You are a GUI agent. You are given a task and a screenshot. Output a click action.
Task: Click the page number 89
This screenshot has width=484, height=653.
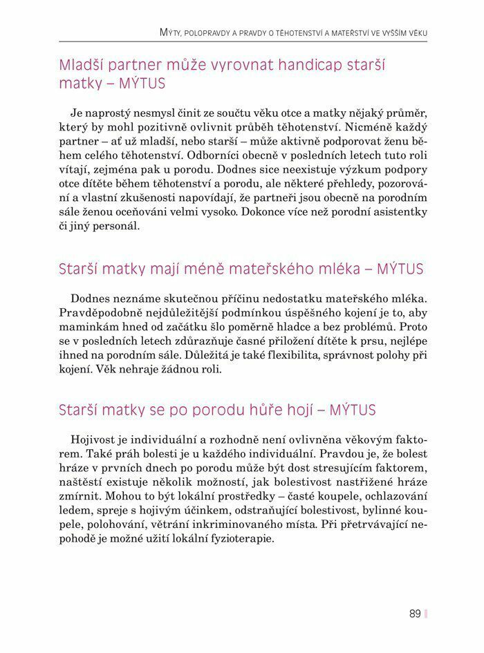(x=415, y=613)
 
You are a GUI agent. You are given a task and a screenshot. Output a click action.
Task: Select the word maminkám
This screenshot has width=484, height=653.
(x=85, y=328)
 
